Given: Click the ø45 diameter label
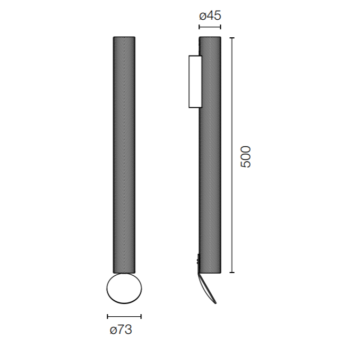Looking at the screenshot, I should click(210, 15).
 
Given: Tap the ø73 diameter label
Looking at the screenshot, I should click(121, 330).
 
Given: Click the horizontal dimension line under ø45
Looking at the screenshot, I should click(210, 27).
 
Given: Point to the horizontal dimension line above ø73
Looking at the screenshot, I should click(124, 316).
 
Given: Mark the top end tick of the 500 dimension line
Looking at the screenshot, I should click(231, 38).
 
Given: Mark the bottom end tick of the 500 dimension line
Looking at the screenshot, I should click(231, 273).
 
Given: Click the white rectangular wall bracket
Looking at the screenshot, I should click(195, 82).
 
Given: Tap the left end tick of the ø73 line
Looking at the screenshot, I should click(107, 316).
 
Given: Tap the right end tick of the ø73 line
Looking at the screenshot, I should click(141, 316).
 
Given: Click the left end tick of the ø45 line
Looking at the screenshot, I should click(199, 27).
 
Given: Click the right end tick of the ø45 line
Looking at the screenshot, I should click(220, 27).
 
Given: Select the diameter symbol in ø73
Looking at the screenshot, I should click(113, 331).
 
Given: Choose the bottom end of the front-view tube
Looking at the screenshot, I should click(124, 273).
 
